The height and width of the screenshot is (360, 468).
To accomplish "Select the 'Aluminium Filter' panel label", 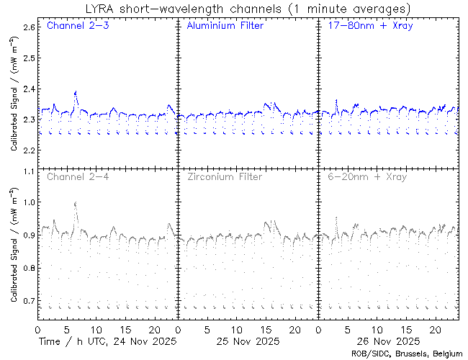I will click(225, 27).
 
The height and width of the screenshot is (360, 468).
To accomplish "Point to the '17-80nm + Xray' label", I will click(365, 27).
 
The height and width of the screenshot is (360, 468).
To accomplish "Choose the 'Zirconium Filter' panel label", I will click(224, 176).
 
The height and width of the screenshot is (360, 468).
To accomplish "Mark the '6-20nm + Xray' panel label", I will click(366, 176).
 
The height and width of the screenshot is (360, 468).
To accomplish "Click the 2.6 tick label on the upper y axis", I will click(29, 27).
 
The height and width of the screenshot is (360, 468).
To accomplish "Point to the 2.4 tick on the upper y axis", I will click(29, 89).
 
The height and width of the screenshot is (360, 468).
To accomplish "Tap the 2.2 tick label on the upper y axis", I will click(29, 150).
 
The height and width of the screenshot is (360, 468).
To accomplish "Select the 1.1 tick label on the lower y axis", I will click(29, 171).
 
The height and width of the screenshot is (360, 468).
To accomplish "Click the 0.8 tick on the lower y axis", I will click(29, 268).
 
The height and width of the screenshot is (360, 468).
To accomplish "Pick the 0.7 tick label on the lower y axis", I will click(29, 300).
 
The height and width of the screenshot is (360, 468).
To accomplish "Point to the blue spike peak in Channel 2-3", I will click(76, 91).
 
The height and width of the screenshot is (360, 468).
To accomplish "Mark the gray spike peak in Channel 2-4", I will click(76, 203).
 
